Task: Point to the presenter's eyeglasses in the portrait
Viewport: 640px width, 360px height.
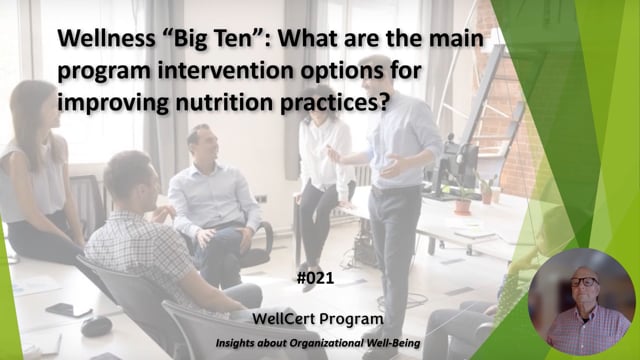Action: (x=583, y=282)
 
